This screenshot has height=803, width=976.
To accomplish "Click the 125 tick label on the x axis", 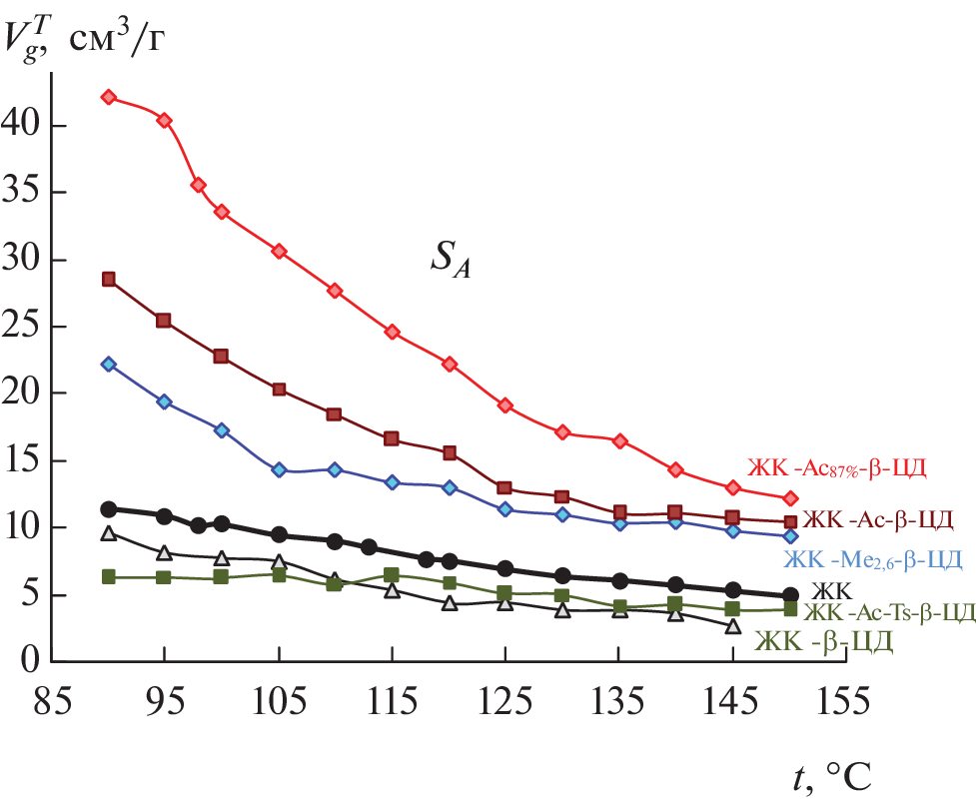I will [x=503, y=699].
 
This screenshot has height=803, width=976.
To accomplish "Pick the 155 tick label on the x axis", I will [x=843, y=699].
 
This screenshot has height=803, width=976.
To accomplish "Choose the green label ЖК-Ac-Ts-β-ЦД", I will [x=888, y=612].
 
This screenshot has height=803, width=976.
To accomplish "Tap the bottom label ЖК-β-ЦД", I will [x=824, y=641].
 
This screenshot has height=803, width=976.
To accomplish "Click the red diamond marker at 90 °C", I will [x=109, y=97].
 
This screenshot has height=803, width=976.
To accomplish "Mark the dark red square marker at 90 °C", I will [x=109, y=279].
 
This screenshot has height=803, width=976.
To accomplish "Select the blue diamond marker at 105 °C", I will [x=279, y=469].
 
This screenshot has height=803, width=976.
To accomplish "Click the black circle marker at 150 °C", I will [x=790, y=595].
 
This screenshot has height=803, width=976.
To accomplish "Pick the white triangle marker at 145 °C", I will [x=733, y=626].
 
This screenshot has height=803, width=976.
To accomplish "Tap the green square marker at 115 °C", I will [x=392, y=575].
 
